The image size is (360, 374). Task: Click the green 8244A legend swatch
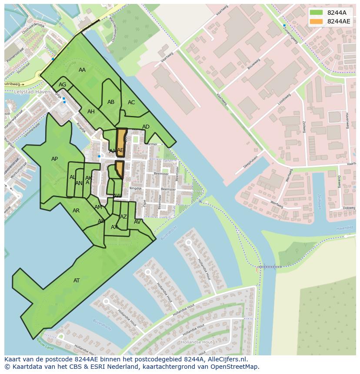coord(317,13)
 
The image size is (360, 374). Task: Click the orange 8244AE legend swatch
coord(317,21)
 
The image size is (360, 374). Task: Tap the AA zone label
coord(82,70)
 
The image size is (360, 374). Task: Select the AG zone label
coord(63,85)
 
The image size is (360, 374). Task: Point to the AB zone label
coord(111,102)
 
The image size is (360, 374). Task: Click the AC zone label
coord(131,103)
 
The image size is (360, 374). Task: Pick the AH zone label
coord(91,112)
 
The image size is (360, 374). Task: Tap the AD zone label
coord(146,127)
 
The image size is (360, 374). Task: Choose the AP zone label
coord(54,159)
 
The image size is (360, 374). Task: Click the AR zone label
coord(76,211)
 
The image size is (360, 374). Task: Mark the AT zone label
coord(77,281)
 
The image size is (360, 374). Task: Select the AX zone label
coord(114,227)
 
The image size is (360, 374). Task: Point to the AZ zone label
coord(123,217)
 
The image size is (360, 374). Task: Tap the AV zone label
coord(137,222)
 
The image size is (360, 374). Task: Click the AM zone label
coord(98,207)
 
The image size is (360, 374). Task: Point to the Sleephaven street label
coord(250,162)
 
